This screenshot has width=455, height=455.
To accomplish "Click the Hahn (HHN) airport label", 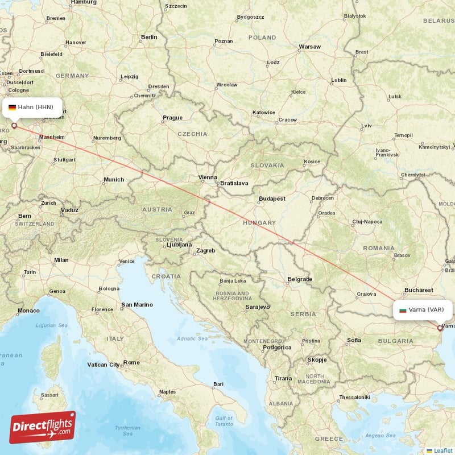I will pyautogui.click(x=35, y=107).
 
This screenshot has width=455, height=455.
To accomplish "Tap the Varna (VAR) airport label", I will pyautogui.click(x=426, y=310).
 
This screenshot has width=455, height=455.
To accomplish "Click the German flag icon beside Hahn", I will pyautogui.click(x=12, y=107).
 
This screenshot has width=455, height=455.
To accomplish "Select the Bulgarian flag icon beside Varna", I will pyautogui.click(x=403, y=310).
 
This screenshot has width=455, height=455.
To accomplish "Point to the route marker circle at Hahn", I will pyautogui.click(x=14, y=126).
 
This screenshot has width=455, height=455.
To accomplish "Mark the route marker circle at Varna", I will pyautogui.click(x=440, y=328).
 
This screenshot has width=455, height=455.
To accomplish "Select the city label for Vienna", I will pyautogui.click(x=208, y=177).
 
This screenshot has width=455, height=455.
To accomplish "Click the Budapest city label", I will pyautogui.click(x=271, y=198).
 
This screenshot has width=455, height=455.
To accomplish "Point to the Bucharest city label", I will pyautogui.click(x=420, y=290).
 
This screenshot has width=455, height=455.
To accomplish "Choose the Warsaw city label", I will pyautogui.click(x=310, y=47).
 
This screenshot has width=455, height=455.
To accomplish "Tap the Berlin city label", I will pyautogui.click(x=148, y=38).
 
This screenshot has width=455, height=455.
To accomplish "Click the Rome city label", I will pyautogui.click(x=131, y=362).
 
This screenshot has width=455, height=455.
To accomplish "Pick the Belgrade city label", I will pyautogui.click(x=300, y=279).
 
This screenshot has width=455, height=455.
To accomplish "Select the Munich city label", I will pyautogui.click(x=113, y=180).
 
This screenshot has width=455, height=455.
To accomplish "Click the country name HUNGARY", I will pyautogui.click(x=259, y=223).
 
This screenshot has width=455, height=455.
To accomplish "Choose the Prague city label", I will pyautogui.click(x=172, y=118).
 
